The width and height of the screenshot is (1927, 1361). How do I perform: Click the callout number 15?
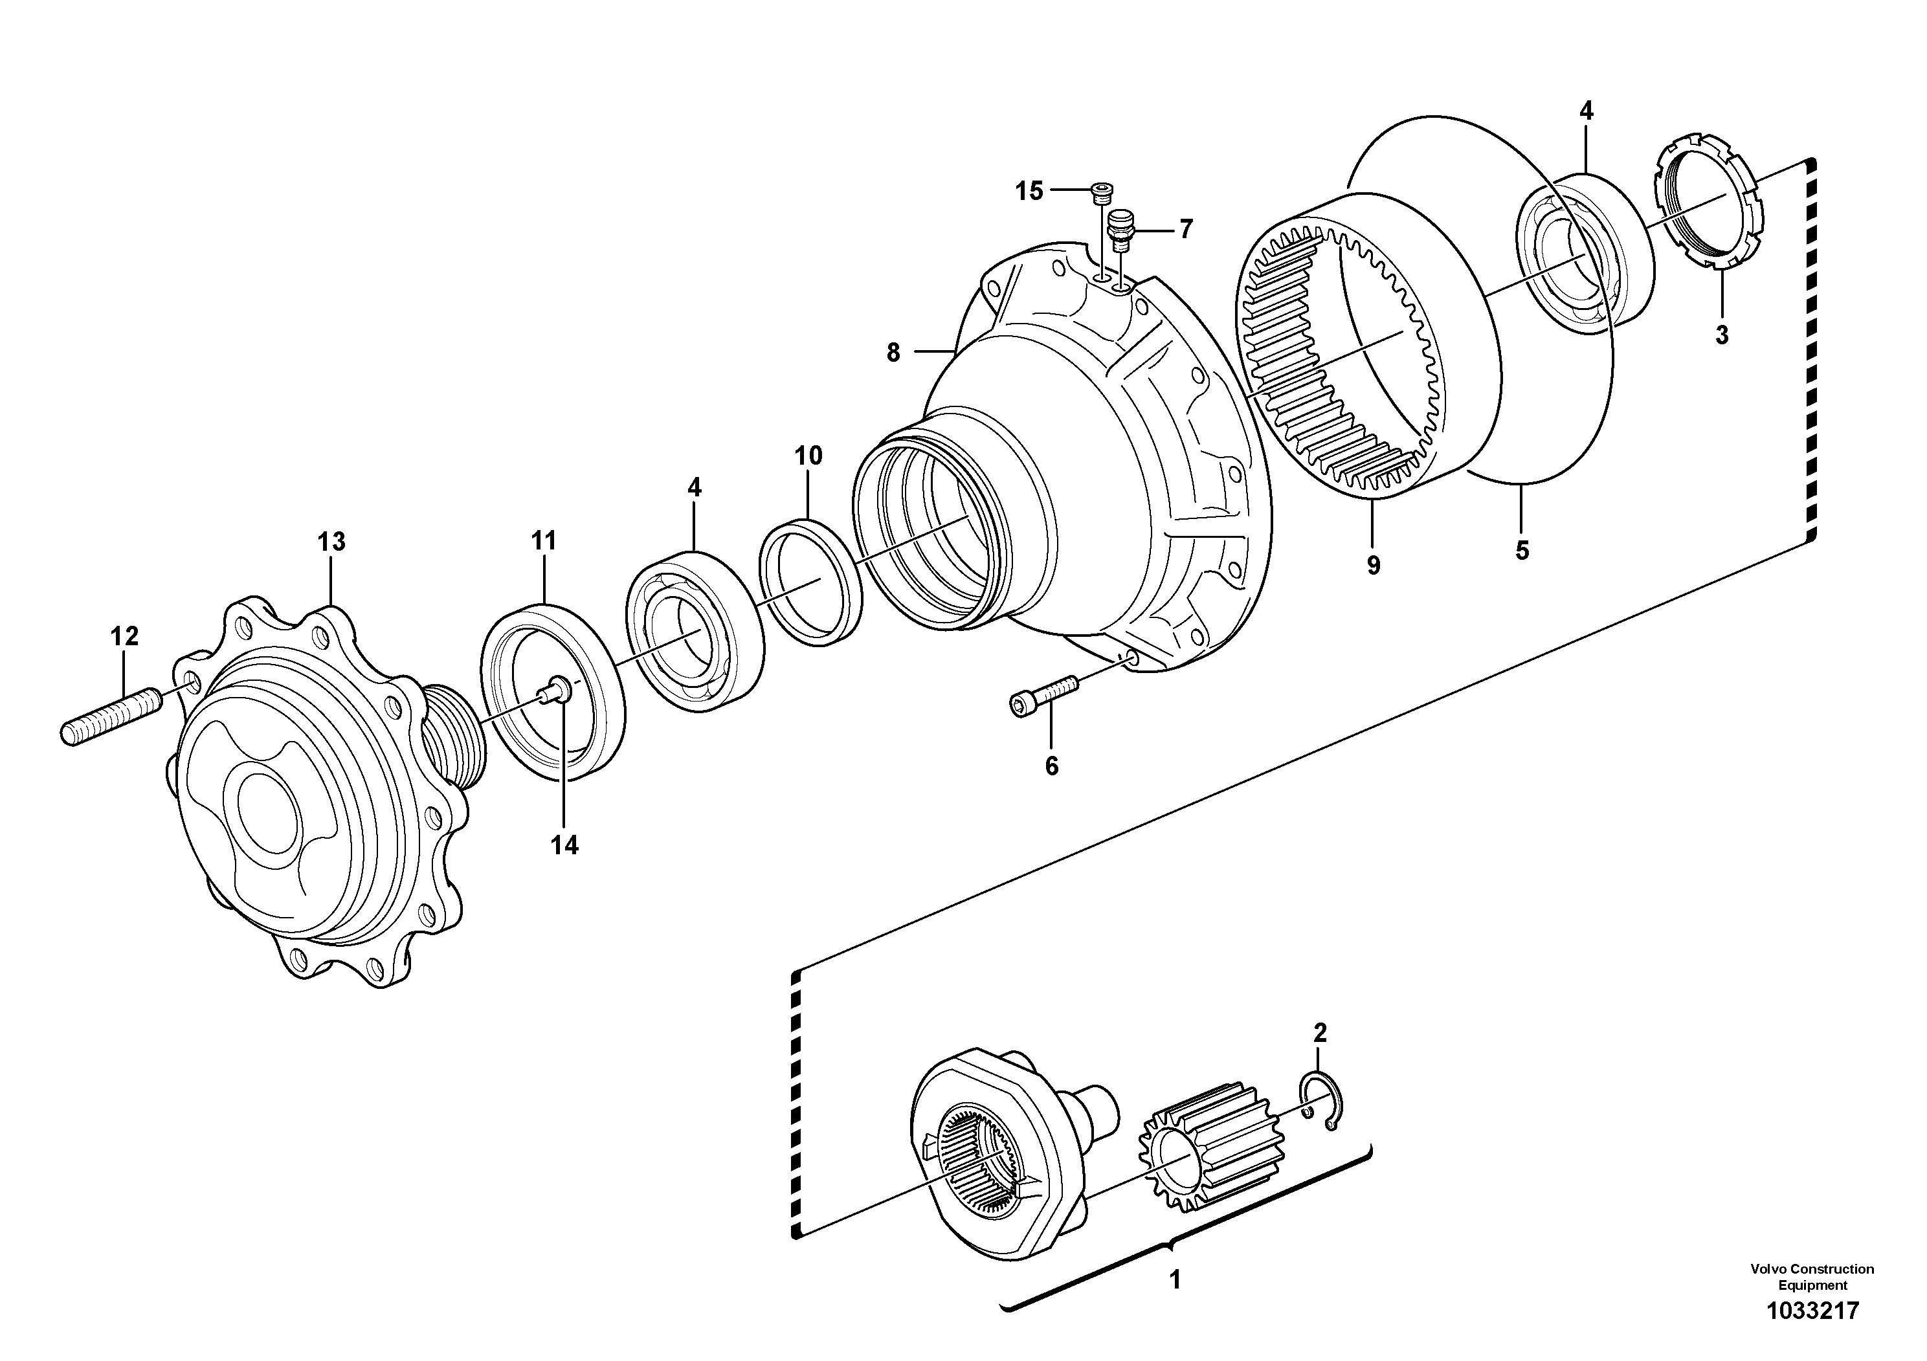point(1029,192)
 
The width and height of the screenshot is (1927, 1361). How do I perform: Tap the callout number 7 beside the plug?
point(1185,229)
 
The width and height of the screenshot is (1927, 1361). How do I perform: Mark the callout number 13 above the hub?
point(331,542)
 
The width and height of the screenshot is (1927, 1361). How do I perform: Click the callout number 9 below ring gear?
point(1373,566)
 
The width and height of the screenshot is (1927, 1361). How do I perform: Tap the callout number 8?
point(893,353)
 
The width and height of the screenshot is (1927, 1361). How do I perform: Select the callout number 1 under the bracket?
point(1175,1281)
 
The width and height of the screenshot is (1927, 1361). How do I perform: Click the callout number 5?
point(1522,551)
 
